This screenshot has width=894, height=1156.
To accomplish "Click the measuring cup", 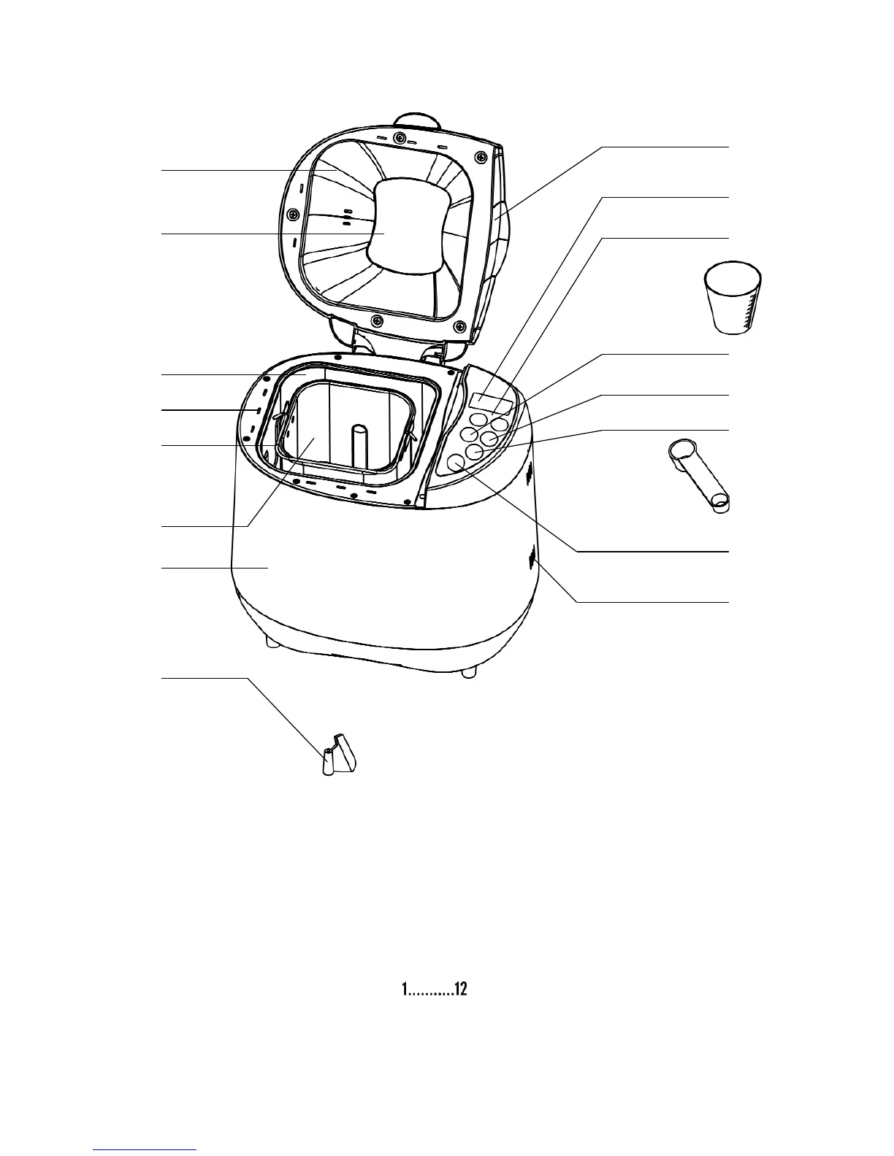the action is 732,299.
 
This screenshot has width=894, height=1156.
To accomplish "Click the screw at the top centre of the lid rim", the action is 399,137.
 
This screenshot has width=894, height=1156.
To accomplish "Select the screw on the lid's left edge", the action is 292,214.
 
